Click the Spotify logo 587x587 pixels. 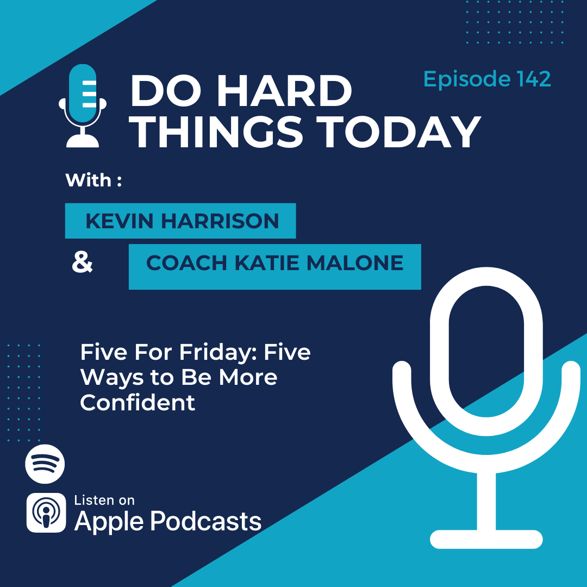click(x=45, y=464)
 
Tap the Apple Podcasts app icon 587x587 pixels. click(x=46, y=513)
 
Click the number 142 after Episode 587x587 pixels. click(x=534, y=79)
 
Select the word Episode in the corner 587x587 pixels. click(x=467, y=79)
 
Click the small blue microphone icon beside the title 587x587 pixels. click(x=83, y=105)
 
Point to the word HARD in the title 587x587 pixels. click(x=284, y=91)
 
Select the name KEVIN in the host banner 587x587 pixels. click(x=120, y=221)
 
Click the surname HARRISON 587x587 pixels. click(x=220, y=221)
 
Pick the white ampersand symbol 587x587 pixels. click(x=82, y=262)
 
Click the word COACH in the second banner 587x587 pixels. click(x=186, y=263)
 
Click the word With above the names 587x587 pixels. click(x=89, y=180)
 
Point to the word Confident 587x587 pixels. click(x=138, y=403)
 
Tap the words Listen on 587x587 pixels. click(x=104, y=501)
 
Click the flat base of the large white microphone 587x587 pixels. click(x=486, y=540)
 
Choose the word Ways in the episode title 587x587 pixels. click(x=111, y=379)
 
